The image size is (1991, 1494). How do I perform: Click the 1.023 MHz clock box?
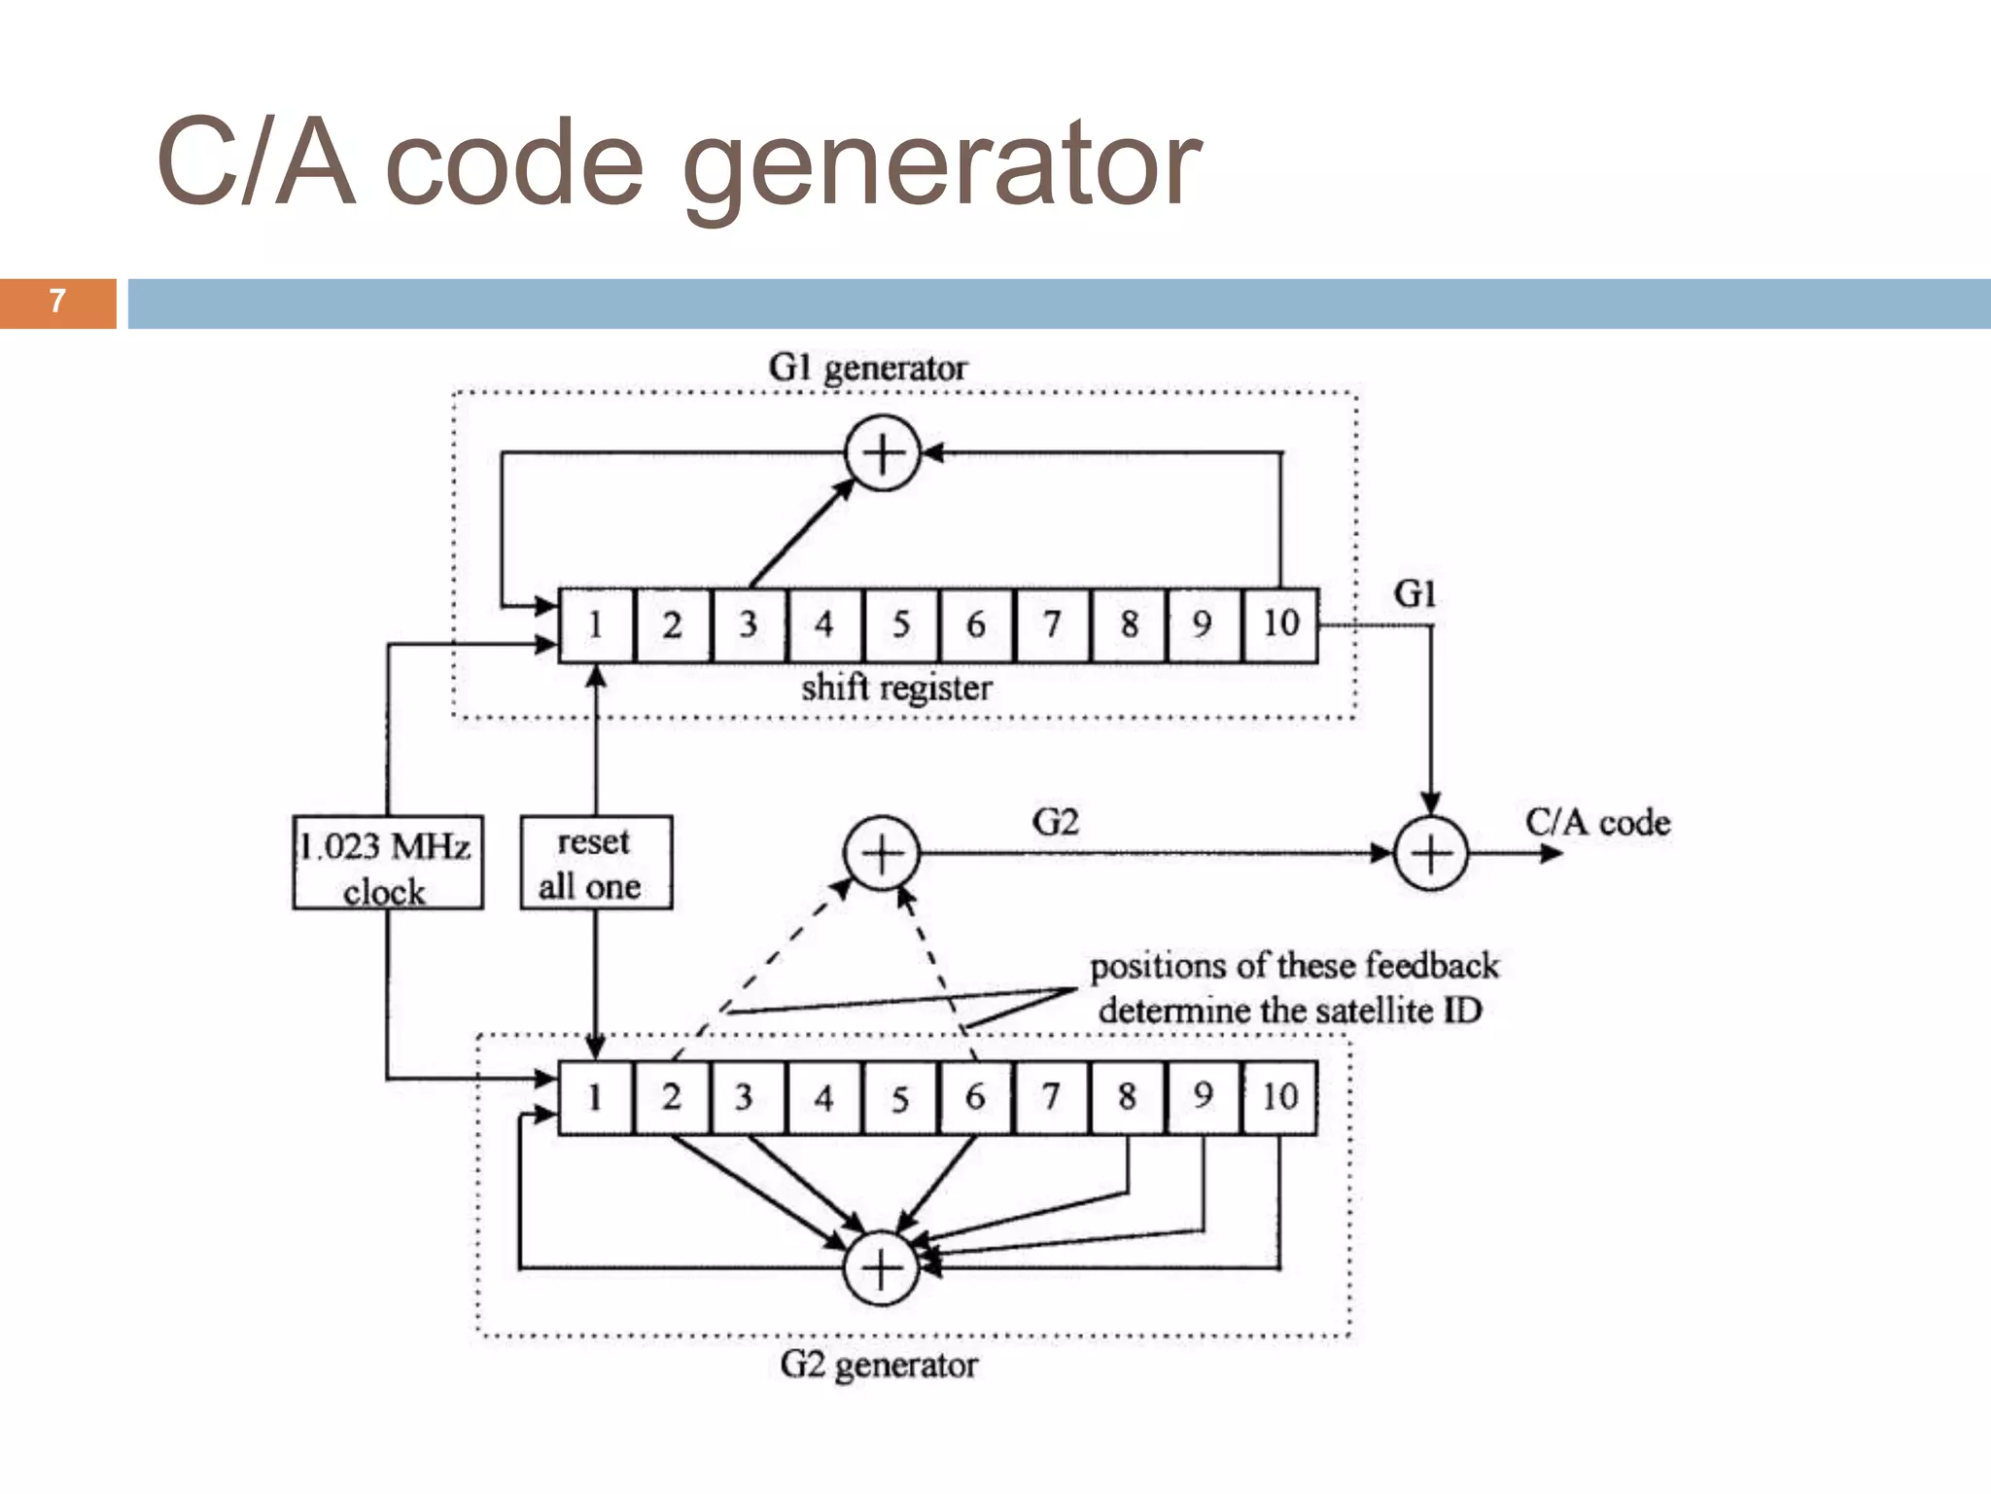tap(388, 863)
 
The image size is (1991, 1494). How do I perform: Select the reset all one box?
tap(595, 863)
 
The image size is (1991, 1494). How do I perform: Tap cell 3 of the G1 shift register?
tap(749, 624)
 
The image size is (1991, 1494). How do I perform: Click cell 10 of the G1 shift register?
tap(1280, 624)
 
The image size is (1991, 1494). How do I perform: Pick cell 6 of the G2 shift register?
tap(975, 1097)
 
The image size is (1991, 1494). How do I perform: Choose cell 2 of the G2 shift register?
tap(672, 1097)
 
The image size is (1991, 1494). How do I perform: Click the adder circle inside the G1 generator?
tap(882, 453)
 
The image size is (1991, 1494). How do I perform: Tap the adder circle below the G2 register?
tap(882, 1268)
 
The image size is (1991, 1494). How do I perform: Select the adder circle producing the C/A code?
tap(1431, 854)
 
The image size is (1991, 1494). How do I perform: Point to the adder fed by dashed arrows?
tap(881, 853)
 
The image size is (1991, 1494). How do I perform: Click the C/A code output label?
tap(1597, 823)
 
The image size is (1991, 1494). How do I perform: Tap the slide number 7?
tap(57, 302)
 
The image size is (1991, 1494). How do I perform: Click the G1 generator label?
tap(867, 368)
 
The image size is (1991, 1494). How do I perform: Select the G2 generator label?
tap(878, 1365)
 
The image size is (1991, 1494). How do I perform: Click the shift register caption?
tap(896, 688)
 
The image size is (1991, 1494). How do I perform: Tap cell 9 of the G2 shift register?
tap(1204, 1097)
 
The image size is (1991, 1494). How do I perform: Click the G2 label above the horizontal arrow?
tap(1055, 823)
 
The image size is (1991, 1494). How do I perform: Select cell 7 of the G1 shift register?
tap(1052, 624)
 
